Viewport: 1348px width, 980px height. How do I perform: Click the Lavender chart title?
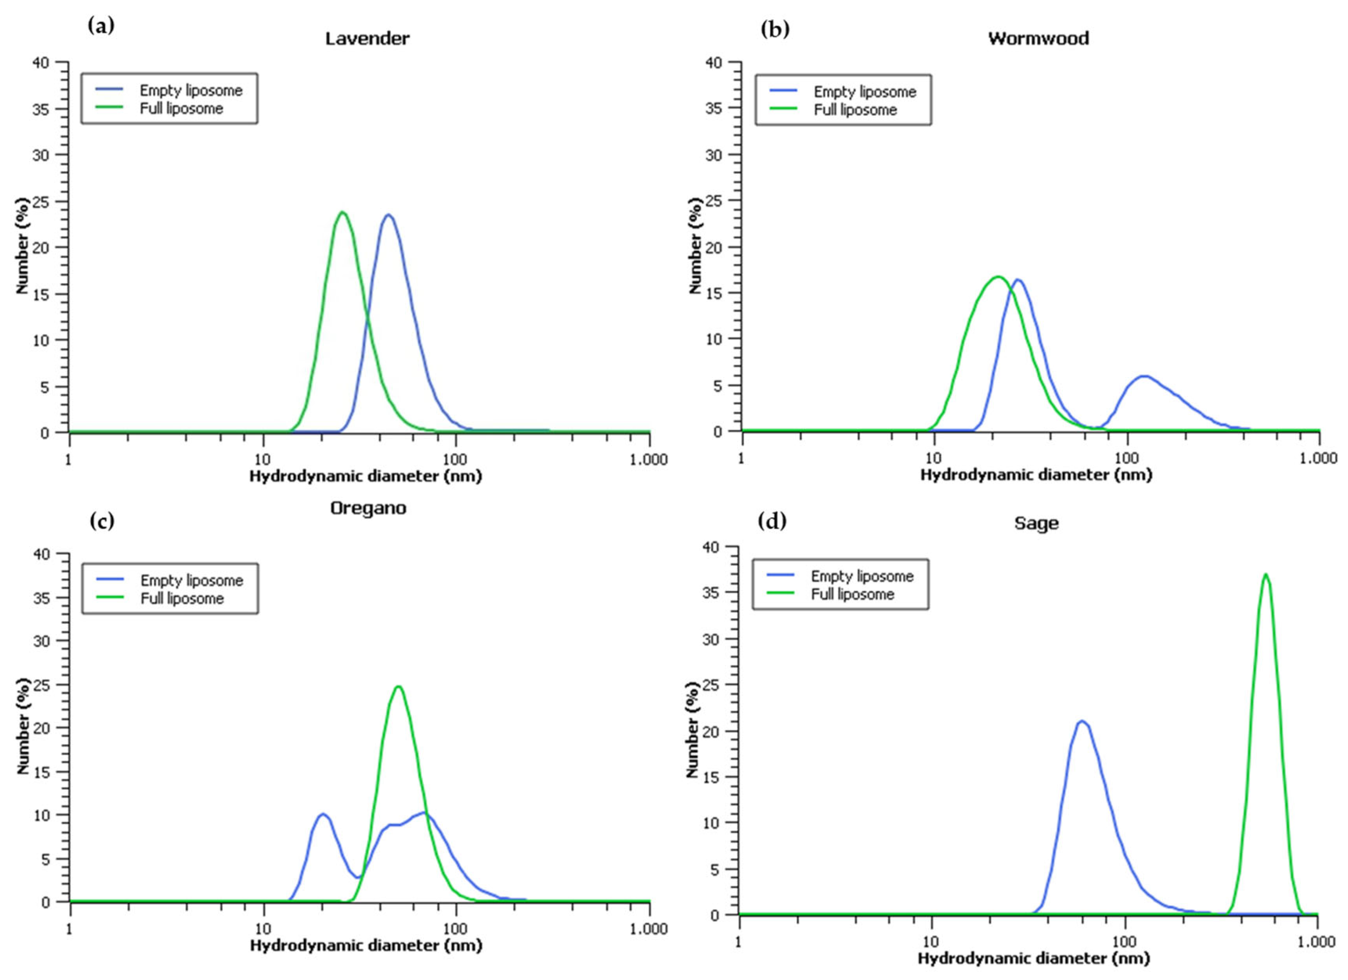367,39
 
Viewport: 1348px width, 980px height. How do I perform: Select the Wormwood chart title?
1038,39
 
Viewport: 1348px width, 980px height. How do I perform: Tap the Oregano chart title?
368,508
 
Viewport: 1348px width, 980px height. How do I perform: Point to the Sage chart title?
1036,523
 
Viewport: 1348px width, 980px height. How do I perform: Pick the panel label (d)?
772,521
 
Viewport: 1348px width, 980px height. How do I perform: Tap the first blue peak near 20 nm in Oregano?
323,814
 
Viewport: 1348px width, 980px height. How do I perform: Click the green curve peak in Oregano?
398,687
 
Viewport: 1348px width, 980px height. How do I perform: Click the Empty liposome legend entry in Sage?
861,576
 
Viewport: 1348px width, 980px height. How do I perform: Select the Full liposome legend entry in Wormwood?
855,110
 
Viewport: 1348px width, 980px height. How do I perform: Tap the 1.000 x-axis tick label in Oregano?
649,928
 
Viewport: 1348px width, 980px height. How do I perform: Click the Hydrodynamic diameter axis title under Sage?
1033,958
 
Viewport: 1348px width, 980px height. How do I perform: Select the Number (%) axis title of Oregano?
23,728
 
